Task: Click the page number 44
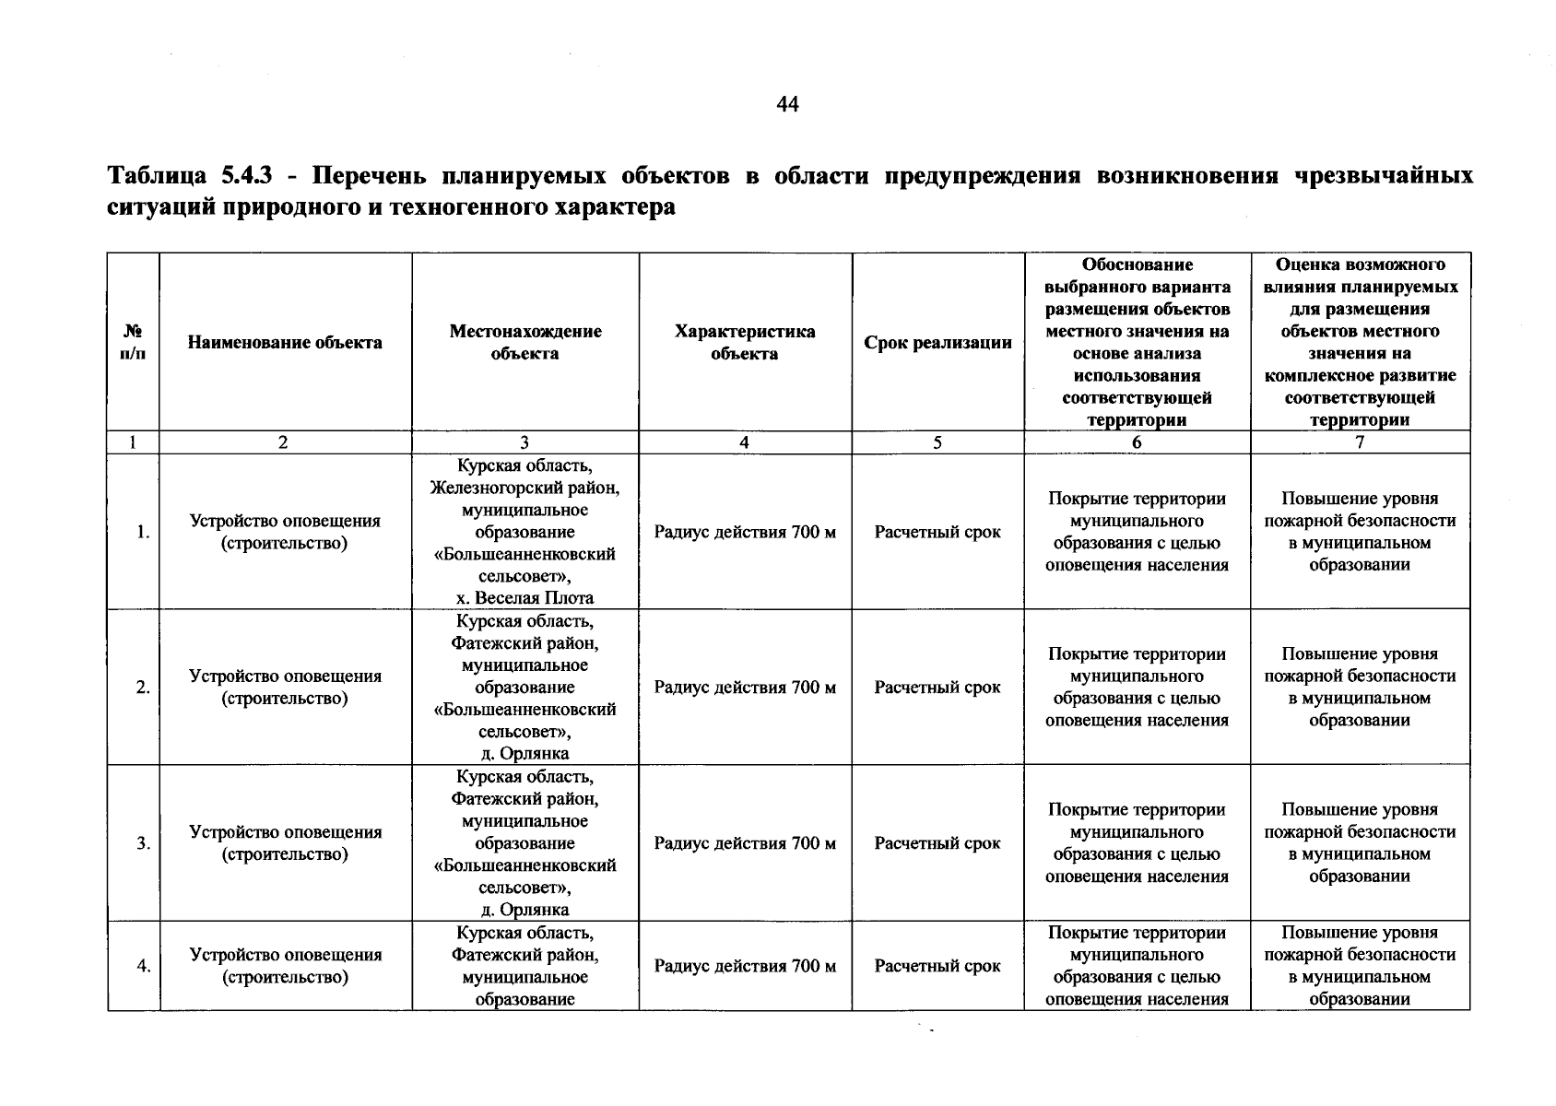pyautogui.click(x=787, y=105)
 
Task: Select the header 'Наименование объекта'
pyautogui.click(x=285, y=343)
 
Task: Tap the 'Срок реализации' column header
pyautogui.click(x=937, y=343)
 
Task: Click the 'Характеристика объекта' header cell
pyautogui.click(x=745, y=343)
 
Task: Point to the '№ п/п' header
pyautogui.click(x=133, y=343)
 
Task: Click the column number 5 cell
pyautogui.click(x=937, y=442)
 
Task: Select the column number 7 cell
pyautogui.click(x=1359, y=442)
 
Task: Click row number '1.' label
pyautogui.click(x=142, y=532)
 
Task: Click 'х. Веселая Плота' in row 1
pyautogui.click(x=525, y=598)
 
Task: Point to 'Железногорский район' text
pyautogui.click(x=525, y=488)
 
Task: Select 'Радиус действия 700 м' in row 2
pyautogui.click(x=745, y=688)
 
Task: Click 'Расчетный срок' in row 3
pyautogui.click(x=937, y=843)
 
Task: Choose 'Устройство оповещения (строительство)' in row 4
pyautogui.click(x=285, y=966)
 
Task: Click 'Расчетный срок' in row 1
pyautogui.click(x=937, y=532)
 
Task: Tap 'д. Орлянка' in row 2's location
pyautogui.click(x=525, y=754)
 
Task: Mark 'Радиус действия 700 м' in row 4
pyautogui.click(x=745, y=966)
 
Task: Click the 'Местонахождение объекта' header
pyautogui.click(x=525, y=343)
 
